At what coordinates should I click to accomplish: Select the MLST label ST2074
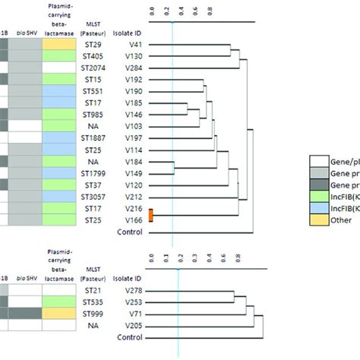pyautogui.click(x=91, y=68)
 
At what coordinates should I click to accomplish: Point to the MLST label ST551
pyautogui.click(x=91, y=90)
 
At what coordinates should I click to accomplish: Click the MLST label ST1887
pyautogui.click(x=91, y=139)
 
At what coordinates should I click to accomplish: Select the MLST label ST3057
pyautogui.click(x=91, y=196)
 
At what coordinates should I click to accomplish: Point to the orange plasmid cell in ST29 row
pyautogui.click(x=59, y=46)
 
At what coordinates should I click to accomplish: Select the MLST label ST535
pyautogui.click(x=91, y=302)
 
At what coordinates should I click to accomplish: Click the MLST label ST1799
pyautogui.click(x=91, y=173)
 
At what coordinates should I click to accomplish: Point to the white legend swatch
pyautogui.click(x=320, y=161)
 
